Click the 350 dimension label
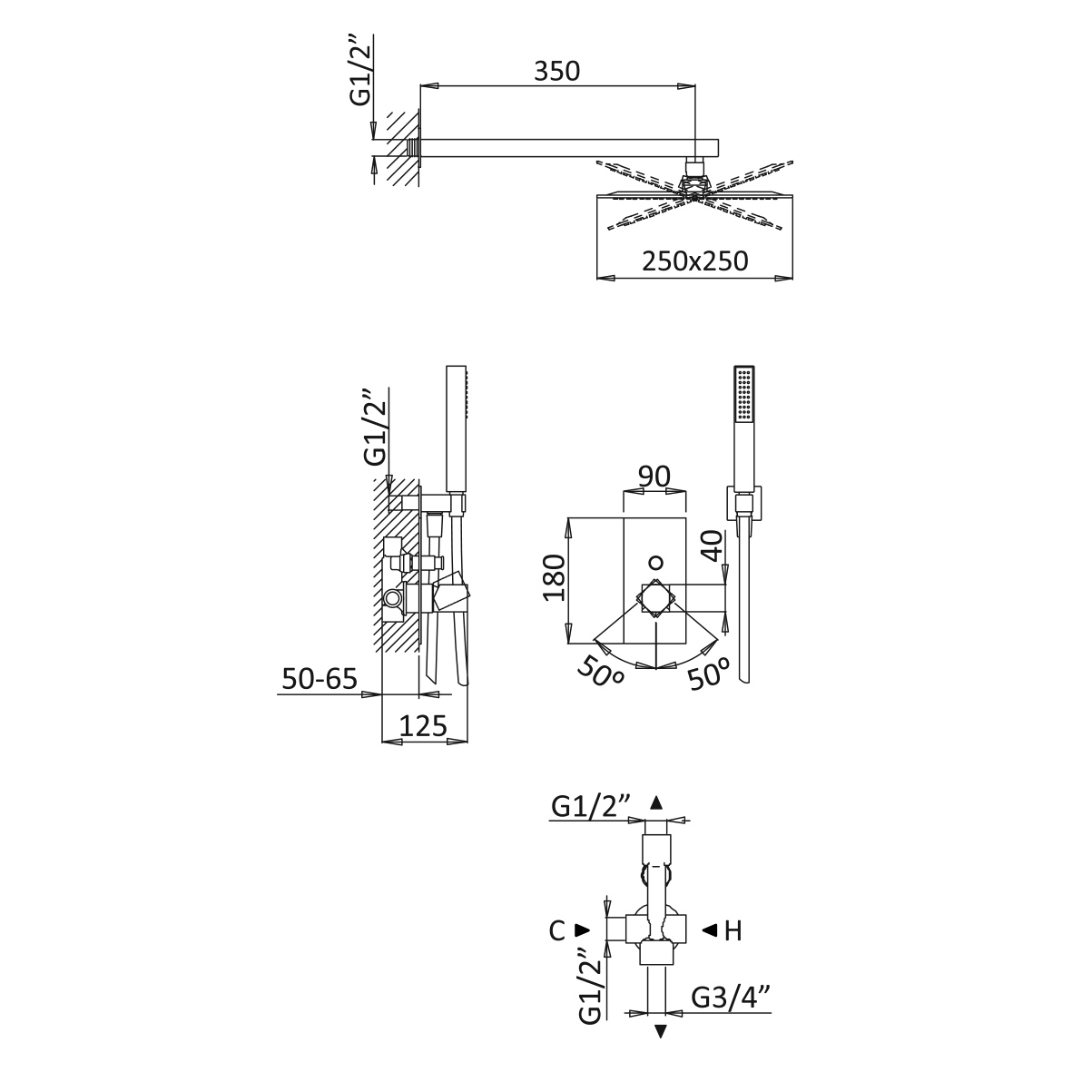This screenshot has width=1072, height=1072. [556, 71]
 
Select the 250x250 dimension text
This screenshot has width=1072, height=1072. [694, 261]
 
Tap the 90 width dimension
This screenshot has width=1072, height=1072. [654, 477]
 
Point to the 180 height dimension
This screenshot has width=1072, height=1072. [555, 577]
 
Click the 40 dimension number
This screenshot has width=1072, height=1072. [713, 545]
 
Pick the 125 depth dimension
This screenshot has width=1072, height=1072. [423, 725]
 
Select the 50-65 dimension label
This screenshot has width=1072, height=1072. [320, 679]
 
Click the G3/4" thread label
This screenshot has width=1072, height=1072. [731, 998]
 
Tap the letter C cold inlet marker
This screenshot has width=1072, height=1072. [557, 930]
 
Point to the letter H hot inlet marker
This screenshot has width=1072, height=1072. [733, 930]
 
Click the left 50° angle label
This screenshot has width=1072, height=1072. [600, 673]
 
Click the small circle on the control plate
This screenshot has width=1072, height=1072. [655, 564]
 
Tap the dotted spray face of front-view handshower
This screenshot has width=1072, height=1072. [743, 394]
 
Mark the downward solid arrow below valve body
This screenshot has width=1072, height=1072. [661, 1031]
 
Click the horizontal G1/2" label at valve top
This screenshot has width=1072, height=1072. [590, 808]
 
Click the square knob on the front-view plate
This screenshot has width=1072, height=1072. [655, 598]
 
